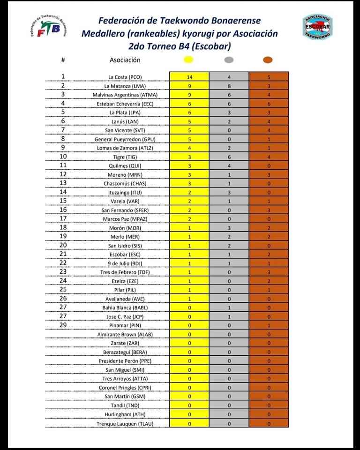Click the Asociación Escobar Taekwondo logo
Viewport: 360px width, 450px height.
317,26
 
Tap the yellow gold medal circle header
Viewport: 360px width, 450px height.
189,60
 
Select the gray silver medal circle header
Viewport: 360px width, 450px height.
229,60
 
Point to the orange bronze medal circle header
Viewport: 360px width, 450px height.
268,60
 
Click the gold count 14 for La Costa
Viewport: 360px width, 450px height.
189,77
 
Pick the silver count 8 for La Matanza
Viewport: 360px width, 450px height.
229,86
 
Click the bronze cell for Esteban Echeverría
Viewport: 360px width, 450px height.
269,104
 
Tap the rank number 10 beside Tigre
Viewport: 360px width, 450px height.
63,156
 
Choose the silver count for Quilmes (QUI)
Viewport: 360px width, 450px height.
229,165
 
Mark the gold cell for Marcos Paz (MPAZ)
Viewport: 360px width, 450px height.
189,219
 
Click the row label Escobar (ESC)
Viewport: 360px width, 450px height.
125,255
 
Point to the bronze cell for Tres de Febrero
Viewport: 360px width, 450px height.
269,272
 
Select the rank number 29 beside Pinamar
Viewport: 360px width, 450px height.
63,325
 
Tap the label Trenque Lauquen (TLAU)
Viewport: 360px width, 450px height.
125,424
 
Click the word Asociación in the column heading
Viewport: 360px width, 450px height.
125,60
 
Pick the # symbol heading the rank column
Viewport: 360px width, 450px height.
63,60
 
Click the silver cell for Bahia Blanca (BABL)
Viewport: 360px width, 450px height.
229,308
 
